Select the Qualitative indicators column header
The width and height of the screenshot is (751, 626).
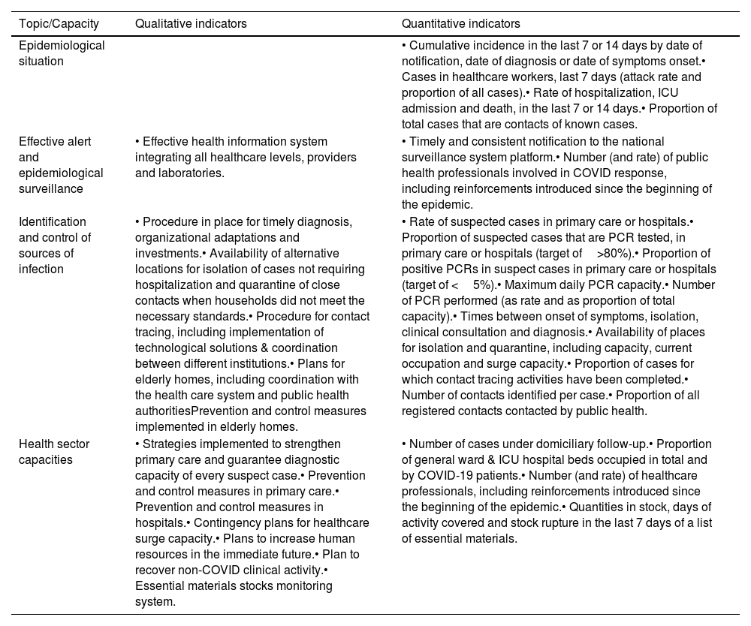click(191, 24)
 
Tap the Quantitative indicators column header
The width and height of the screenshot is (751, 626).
click(461, 24)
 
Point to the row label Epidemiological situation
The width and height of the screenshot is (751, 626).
click(62, 53)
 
